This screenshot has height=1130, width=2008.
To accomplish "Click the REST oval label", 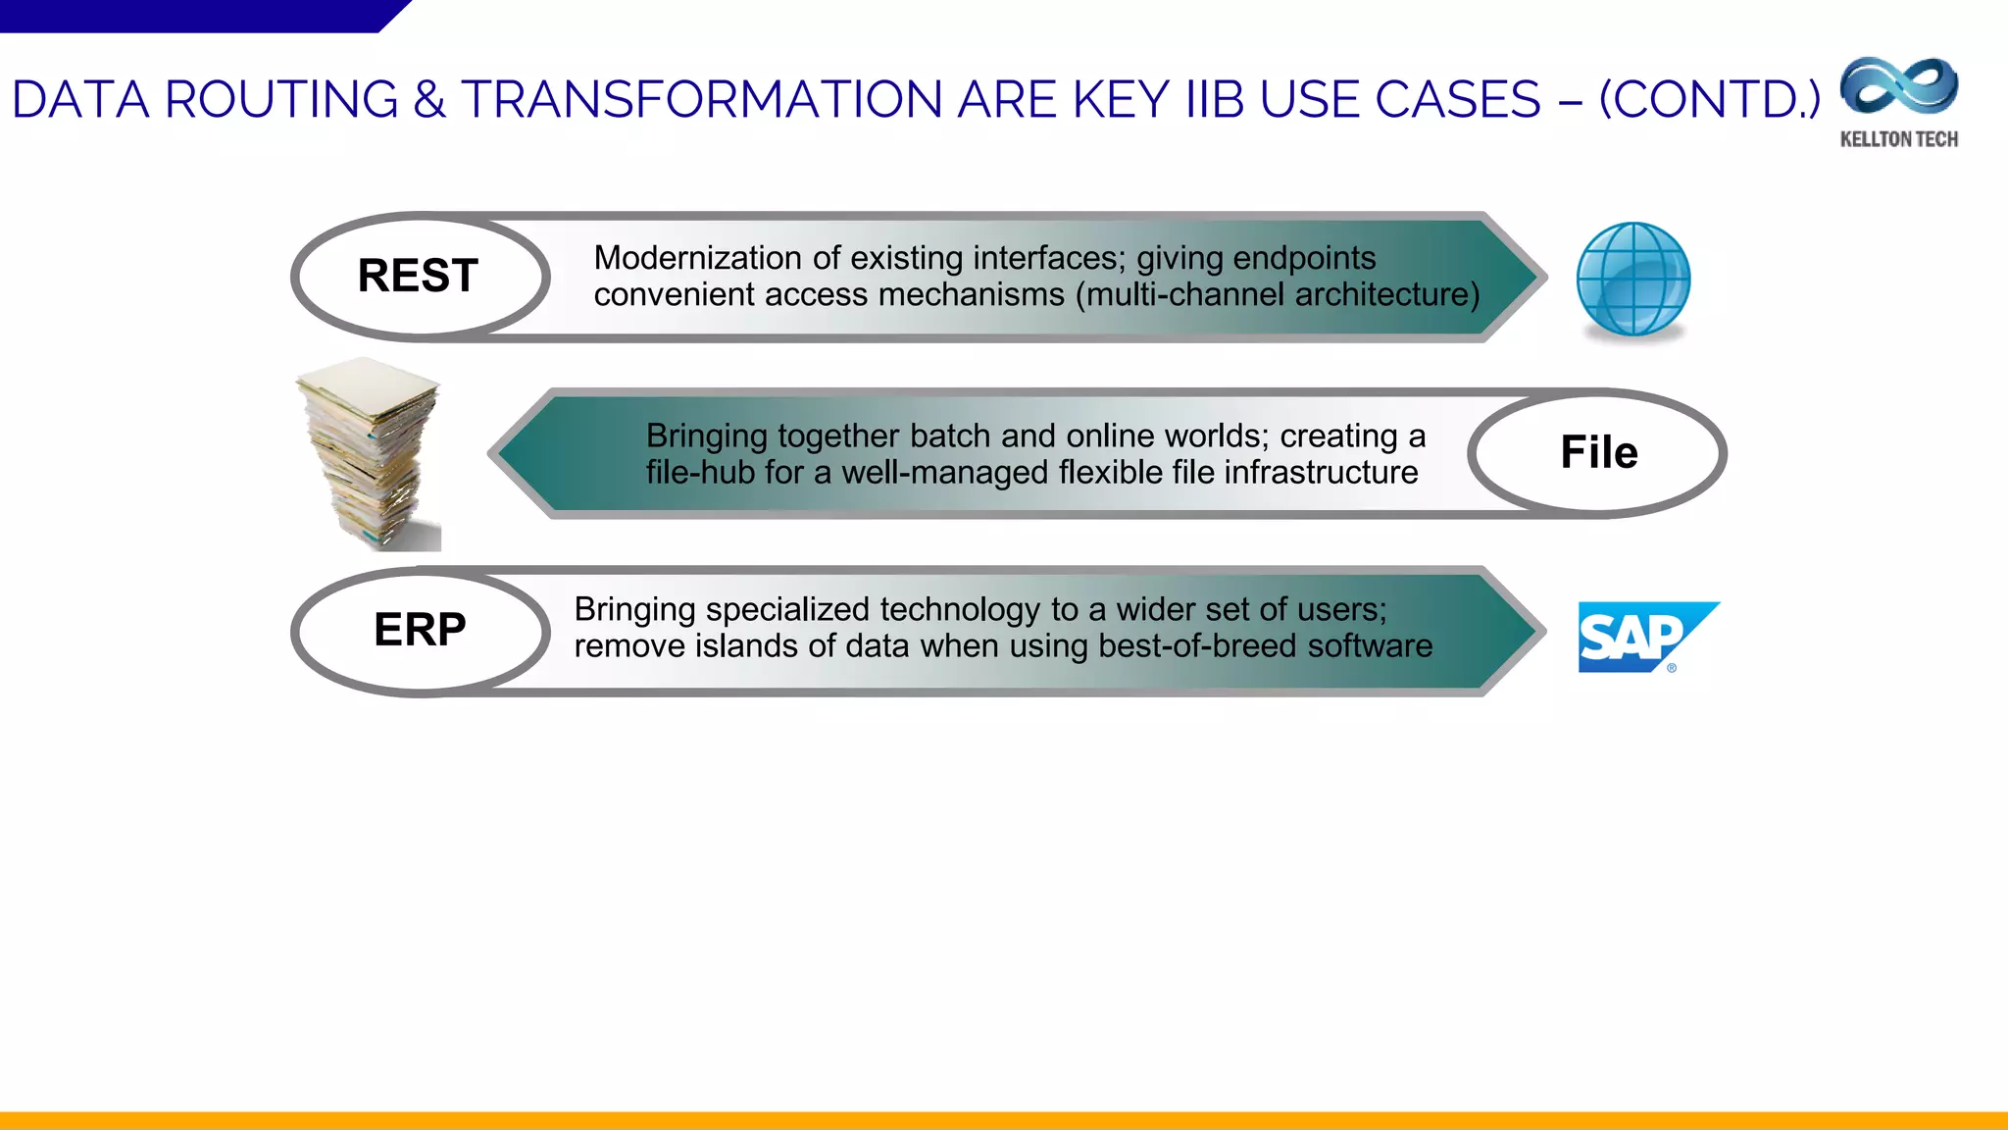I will (x=419, y=276).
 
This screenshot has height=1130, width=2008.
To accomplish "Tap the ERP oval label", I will (x=420, y=630).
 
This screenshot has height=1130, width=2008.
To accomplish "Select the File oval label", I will (x=1598, y=453).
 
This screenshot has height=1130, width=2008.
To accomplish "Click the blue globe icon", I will (x=1633, y=280).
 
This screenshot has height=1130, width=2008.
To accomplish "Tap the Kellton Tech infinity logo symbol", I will (x=1899, y=86).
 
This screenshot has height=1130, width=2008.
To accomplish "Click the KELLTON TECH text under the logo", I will (x=1899, y=139).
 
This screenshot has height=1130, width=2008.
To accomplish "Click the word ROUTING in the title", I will (x=281, y=100).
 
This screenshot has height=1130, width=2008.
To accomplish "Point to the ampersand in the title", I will (x=429, y=100).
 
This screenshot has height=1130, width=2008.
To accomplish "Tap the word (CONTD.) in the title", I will (x=1709, y=100).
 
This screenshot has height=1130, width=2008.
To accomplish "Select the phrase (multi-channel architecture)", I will (x=1278, y=294).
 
